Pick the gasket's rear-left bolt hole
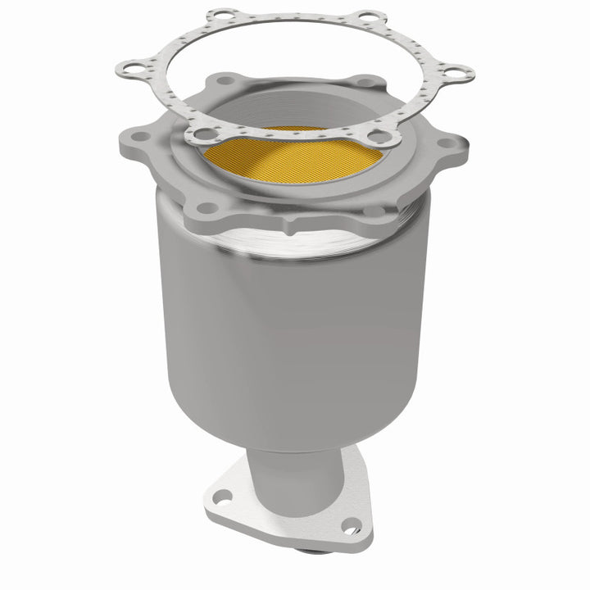coord(220,16)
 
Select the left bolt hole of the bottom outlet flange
coord(220,495)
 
